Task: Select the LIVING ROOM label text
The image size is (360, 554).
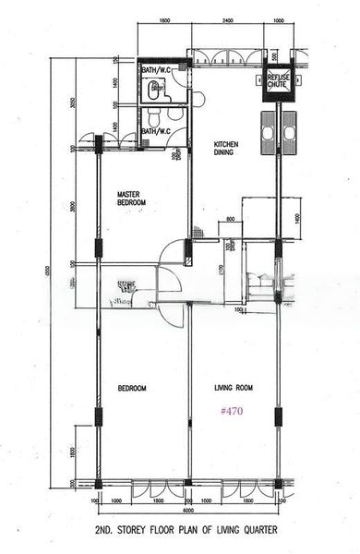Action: pyautogui.click(x=234, y=388)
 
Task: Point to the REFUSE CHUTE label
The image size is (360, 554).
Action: pyautogui.click(x=278, y=81)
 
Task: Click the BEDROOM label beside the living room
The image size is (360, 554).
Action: pyautogui.click(x=132, y=388)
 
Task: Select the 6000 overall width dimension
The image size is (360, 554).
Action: pyautogui.click(x=186, y=511)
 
